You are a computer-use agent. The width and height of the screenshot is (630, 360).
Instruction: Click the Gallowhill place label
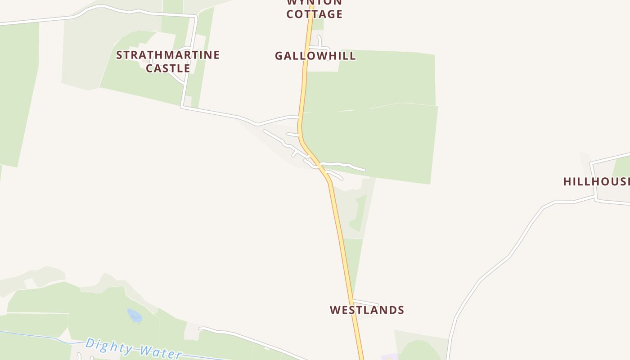[315, 56]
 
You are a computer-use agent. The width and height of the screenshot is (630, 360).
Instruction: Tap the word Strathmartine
[168, 55]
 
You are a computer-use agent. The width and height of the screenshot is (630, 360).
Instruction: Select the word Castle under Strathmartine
[168, 68]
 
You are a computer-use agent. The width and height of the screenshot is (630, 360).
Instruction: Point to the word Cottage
[314, 14]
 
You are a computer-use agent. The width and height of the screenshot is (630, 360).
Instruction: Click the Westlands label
[367, 310]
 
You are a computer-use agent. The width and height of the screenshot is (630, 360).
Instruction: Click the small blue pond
[135, 315]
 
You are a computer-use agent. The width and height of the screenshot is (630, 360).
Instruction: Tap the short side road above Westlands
[365, 302]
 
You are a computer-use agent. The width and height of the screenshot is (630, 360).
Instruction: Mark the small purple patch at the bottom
[390, 357]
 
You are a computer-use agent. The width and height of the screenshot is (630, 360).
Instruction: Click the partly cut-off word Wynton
[314, 2]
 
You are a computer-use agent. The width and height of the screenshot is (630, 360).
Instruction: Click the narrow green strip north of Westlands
[354, 265]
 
